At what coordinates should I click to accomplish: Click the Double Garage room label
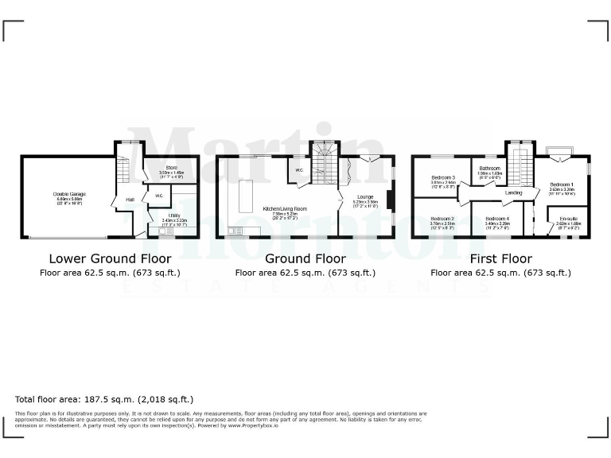[69, 193]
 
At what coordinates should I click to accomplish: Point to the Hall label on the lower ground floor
[129, 200]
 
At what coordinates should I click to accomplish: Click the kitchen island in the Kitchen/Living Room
[245, 194]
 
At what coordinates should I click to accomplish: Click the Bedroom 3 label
[442, 177]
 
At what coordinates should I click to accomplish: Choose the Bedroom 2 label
[442, 219]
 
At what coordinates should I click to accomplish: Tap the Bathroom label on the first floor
[489, 169]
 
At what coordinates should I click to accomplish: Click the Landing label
[513, 192]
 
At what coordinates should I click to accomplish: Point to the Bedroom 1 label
[562, 184]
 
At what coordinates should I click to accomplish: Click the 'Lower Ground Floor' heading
[110, 258]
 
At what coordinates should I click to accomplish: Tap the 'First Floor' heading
[500, 258]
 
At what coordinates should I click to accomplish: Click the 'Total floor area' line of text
[104, 399]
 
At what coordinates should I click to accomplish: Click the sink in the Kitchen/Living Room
[236, 231]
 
